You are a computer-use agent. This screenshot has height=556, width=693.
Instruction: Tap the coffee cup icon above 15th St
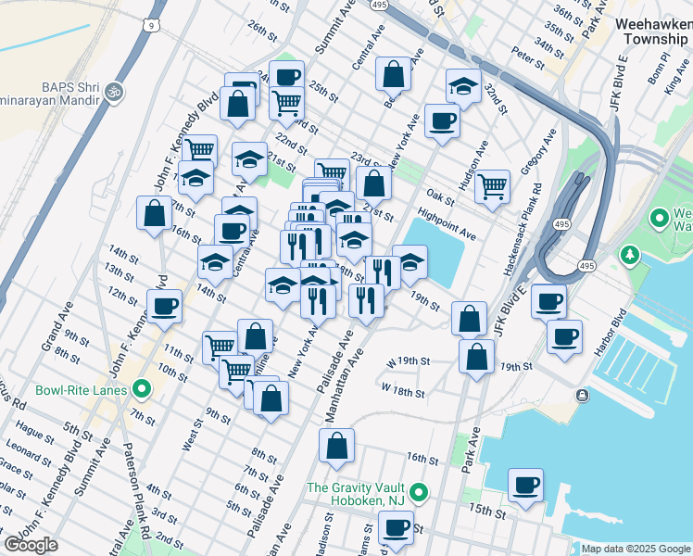pyautogui.click(x=526, y=486)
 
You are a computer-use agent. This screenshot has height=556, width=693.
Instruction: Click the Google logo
pyautogui.click(x=31, y=544)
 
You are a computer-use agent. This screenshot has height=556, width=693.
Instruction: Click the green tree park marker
pyautogui.click(x=630, y=254)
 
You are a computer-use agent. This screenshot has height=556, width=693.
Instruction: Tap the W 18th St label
pyautogui.click(x=402, y=393)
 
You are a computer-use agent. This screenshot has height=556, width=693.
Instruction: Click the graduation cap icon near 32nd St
pyautogui.click(x=463, y=86)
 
